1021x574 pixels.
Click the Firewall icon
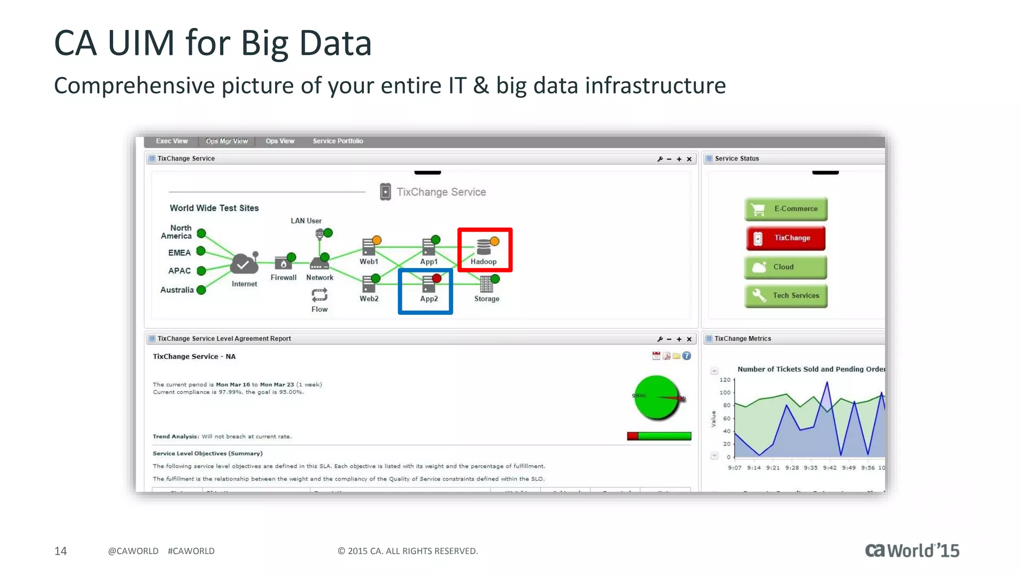tap(283, 263)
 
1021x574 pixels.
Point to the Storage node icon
tap(486, 285)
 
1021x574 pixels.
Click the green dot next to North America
tap(201, 233)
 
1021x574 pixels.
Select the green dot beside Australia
tap(201, 290)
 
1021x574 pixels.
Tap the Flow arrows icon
tap(320, 295)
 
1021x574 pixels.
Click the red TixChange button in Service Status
tap(786, 238)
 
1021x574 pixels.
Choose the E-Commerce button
tap(786, 209)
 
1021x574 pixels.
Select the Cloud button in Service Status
tap(786, 267)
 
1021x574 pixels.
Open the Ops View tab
tap(280, 141)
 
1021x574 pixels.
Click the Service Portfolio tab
tap(338, 141)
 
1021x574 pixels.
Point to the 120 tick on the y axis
tap(725, 380)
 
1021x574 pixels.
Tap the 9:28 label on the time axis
tap(792, 468)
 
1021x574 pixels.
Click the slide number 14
tap(60, 551)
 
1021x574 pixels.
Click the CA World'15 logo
tap(912, 551)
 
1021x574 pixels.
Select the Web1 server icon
tap(369, 247)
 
